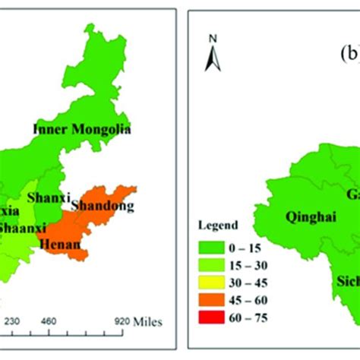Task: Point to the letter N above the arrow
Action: click(214, 38)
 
